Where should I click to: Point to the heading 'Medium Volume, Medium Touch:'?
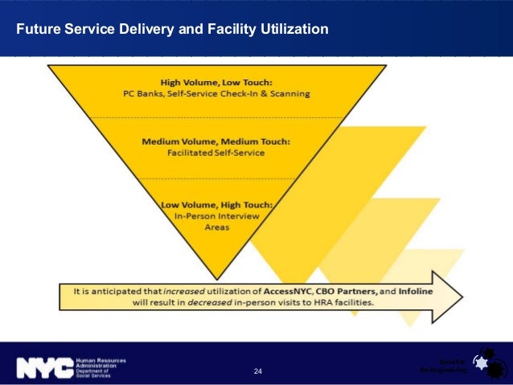tap(216, 141)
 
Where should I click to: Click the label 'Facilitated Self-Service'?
tap(216, 153)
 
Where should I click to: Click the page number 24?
tap(257, 371)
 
